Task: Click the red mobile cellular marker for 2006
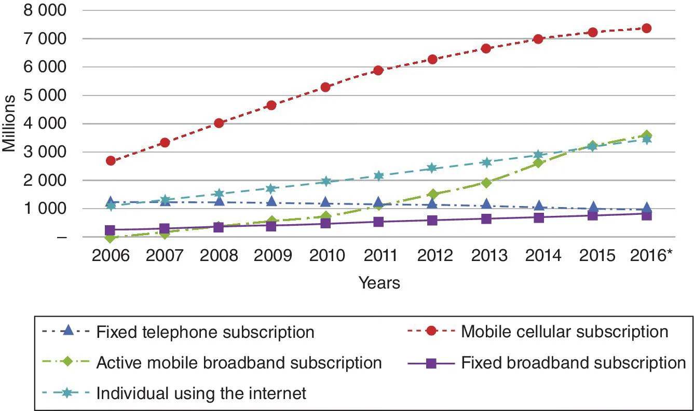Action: pos(111,160)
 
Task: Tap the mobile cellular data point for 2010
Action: pos(325,87)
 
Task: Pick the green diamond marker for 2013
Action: pos(486,183)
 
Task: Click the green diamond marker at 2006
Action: pos(111,237)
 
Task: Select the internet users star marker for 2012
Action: pos(432,168)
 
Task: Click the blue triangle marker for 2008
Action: pos(219,200)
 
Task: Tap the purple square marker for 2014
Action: pos(539,217)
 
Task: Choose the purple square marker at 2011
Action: pos(379,222)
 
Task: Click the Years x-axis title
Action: pos(379,283)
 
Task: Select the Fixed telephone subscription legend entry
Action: pos(205,332)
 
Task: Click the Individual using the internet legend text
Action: pos(201,393)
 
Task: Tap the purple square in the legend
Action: pos(430,362)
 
